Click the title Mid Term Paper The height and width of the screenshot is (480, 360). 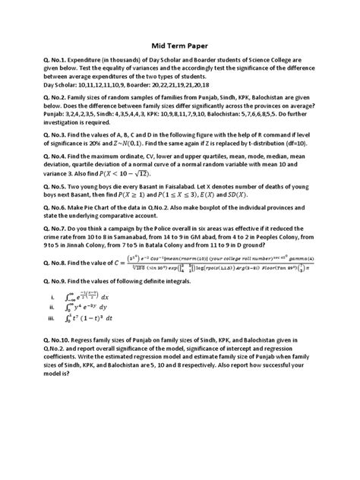point(180,44)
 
